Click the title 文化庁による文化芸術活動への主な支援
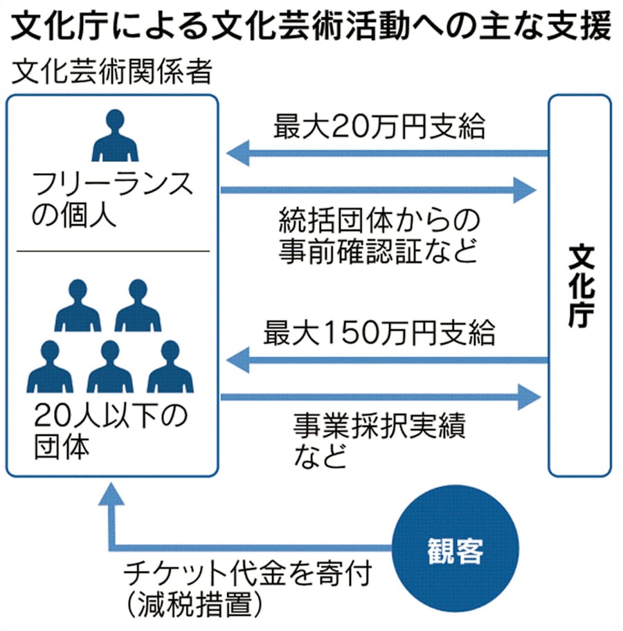coord(311,28)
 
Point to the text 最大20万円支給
coord(379,127)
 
